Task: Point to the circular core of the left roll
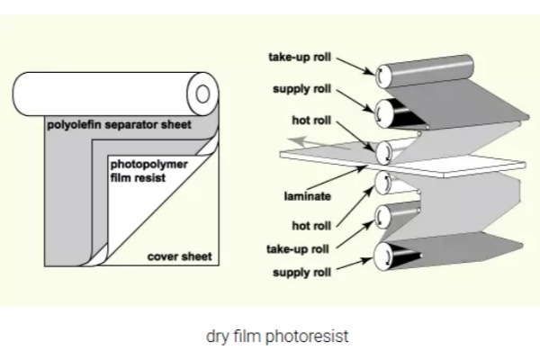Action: [202, 92]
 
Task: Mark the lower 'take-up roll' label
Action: [300, 247]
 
